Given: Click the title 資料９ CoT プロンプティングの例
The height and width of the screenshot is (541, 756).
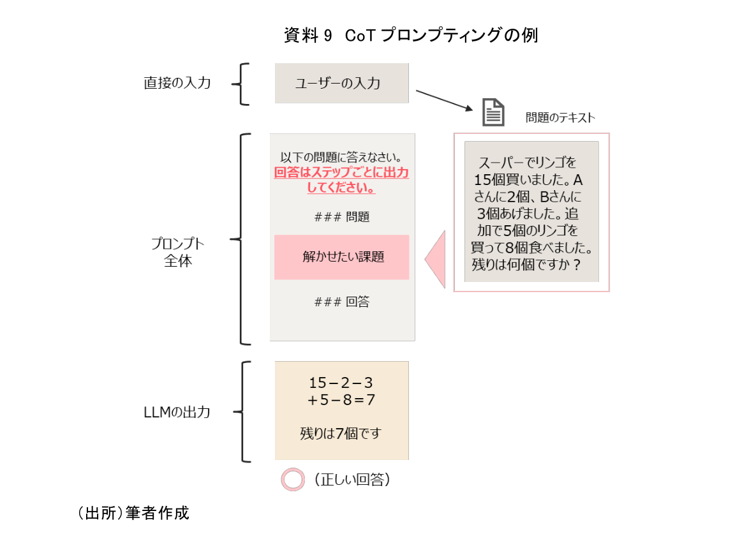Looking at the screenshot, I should point(410,36).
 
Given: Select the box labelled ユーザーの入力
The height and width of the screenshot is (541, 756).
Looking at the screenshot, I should point(341,83).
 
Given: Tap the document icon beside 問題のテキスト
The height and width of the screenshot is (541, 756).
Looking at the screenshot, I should point(493,112).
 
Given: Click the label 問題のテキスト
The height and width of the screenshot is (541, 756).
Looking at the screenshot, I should point(560,117).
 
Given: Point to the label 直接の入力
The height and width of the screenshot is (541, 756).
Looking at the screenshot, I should point(177,83).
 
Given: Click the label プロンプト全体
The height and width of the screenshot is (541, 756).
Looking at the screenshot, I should point(178,253).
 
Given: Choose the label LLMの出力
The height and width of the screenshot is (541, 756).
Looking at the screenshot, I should point(177,412).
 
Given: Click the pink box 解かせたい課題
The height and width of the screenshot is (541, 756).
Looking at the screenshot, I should point(341,257).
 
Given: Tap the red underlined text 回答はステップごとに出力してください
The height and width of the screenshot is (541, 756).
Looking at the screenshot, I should point(341,181).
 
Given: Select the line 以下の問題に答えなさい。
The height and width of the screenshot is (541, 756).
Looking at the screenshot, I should point(341,158).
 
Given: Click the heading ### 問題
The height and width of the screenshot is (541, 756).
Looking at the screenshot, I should point(342,217).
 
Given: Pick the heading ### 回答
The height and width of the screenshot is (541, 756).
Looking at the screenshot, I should point(342,302).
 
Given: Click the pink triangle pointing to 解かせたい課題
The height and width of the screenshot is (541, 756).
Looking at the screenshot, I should point(436,259).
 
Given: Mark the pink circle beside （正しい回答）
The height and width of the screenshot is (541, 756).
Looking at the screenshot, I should point(293,480).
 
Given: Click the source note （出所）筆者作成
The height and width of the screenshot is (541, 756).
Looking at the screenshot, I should point(133,513).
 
